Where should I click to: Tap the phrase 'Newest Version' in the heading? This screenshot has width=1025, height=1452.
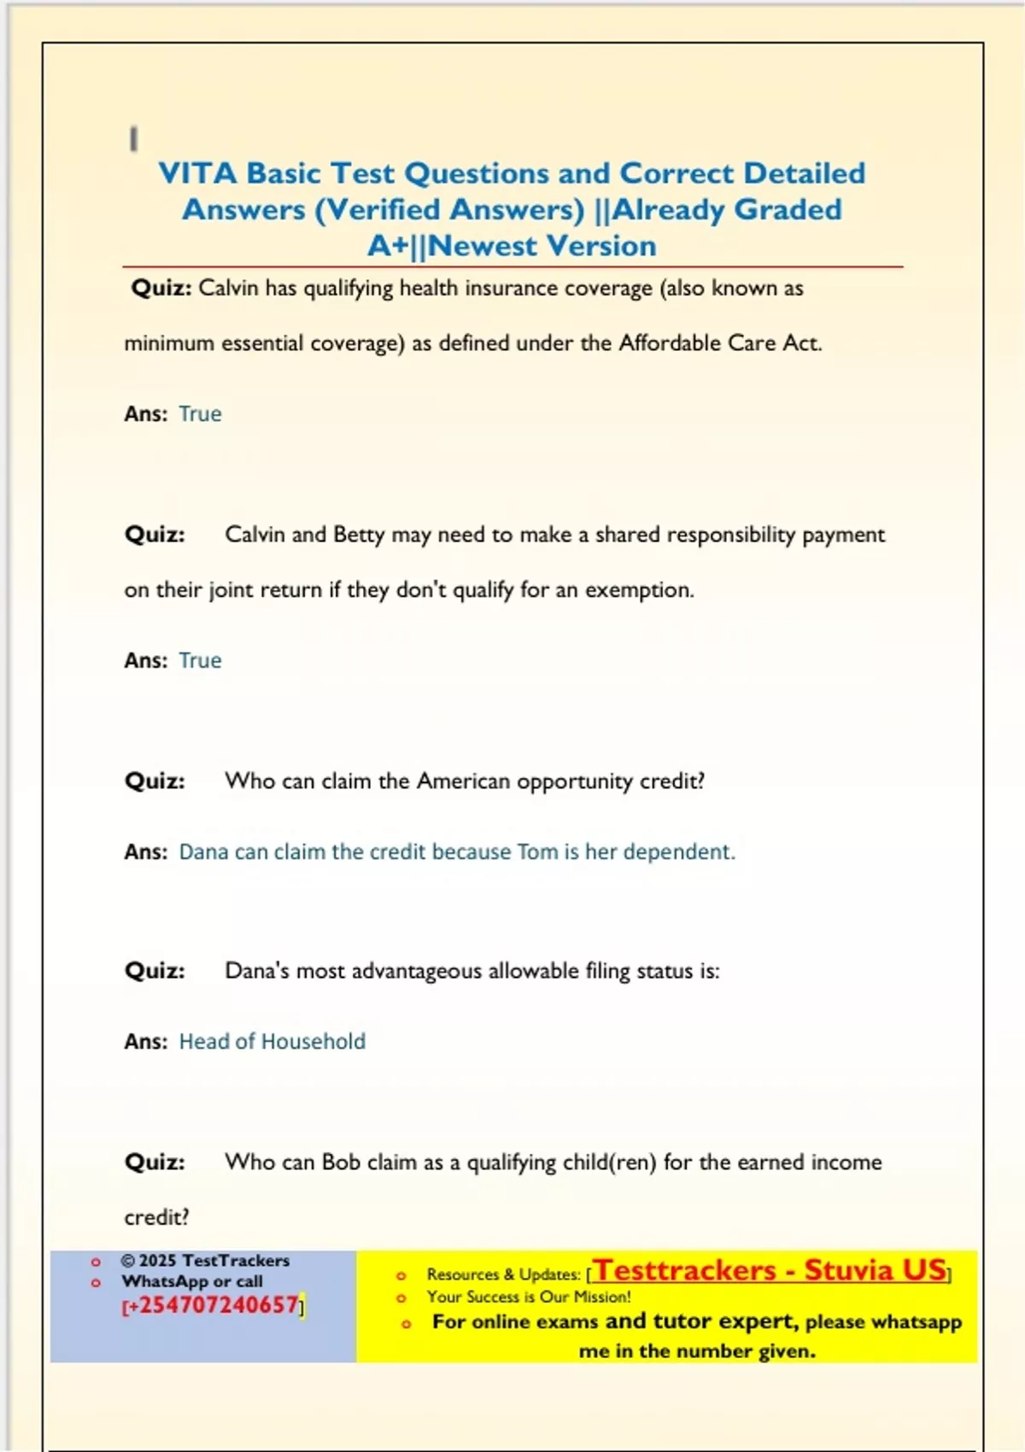click(x=542, y=246)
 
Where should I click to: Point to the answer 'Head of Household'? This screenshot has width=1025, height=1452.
click(x=272, y=1041)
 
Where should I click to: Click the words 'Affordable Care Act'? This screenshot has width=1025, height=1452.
click(x=718, y=343)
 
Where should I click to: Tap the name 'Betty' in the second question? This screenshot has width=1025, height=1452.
click(x=359, y=535)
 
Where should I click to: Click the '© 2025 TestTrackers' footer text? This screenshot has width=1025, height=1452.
click(x=205, y=1261)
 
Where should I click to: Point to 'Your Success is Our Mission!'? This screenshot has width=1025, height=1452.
click(x=529, y=1297)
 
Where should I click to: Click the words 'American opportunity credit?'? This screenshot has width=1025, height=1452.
click(x=560, y=782)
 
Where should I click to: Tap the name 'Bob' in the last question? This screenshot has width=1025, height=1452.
click(x=341, y=1162)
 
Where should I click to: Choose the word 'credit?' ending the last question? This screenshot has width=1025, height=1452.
click(x=156, y=1217)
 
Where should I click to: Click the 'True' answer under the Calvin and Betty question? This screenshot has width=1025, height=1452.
click(x=200, y=660)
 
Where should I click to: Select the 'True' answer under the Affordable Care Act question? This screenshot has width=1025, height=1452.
click(x=200, y=414)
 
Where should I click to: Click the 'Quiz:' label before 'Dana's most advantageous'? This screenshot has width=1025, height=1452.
click(x=155, y=971)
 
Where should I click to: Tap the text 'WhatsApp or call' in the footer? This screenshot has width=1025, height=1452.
click(x=192, y=1281)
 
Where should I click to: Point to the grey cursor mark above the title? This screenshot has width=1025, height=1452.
click(x=133, y=138)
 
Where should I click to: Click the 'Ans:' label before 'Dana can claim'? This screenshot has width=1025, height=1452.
click(x=145, y=852)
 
